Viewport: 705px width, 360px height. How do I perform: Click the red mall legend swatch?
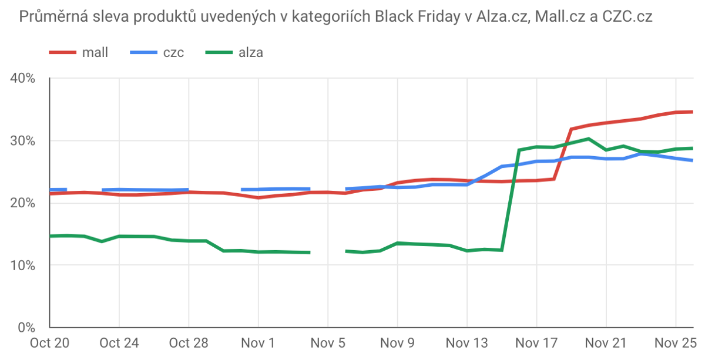click(63, 52)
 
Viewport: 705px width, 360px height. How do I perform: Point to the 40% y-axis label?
click(23, 79)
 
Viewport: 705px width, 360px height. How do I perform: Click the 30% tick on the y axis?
click(23, 141)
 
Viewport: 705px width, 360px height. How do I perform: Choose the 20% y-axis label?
click(23, 203)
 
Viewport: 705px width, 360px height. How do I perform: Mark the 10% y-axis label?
click(23, 265)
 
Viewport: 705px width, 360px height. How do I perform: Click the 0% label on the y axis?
click(27, 327)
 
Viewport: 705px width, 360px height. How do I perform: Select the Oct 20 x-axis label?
click(50, 342)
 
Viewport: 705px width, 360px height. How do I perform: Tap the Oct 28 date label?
click(188, 342)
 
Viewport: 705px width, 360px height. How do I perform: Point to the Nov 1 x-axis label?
click(258, 342)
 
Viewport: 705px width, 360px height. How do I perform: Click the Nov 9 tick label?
click(397, 342)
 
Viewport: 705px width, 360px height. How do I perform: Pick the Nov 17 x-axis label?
click(536, 342)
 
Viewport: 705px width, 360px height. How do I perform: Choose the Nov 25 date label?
click(676, 342)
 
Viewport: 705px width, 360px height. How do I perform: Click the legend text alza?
click(251, 52)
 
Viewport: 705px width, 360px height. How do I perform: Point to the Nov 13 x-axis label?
click(466, 342)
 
